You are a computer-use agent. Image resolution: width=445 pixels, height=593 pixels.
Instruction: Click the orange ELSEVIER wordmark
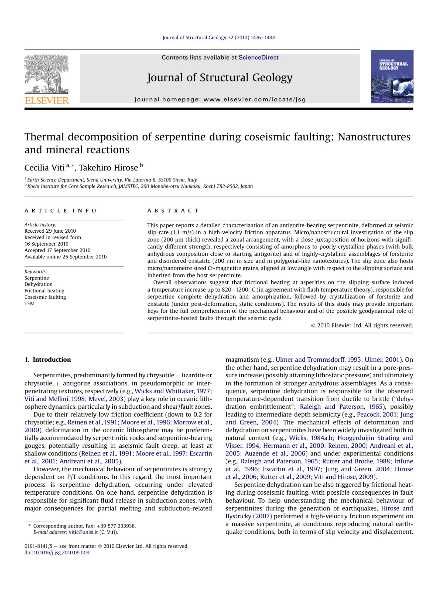(x=47, y=101)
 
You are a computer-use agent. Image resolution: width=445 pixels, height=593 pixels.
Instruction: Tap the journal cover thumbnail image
(x=392, y=77)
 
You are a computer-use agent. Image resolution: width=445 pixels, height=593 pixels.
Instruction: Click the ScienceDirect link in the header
(x=258, y=57)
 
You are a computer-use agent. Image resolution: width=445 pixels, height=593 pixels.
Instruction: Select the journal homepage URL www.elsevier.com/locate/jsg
(x=255, y=99)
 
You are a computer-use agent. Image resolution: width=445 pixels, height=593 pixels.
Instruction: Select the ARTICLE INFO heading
(x=60, y=211)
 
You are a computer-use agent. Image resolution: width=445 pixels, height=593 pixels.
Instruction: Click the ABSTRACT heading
(x=173, y=211)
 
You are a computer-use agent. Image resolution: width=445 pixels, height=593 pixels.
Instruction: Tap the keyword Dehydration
(x=39, y=284)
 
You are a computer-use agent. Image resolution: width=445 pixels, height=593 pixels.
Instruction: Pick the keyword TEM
(x=29, y=304)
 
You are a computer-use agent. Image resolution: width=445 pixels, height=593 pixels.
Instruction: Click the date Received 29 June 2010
(x=50, y=231)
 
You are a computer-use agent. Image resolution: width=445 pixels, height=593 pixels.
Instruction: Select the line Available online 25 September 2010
(x=66, y=257)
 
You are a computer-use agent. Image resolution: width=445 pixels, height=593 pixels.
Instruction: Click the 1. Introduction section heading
(x=48, y=360)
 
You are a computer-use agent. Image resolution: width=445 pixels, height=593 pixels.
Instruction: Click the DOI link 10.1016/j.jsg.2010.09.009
(x=61, y=553)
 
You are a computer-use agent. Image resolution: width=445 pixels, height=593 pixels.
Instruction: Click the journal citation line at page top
(x=218, y=38)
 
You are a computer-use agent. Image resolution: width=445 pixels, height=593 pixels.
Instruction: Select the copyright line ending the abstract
(x=362, y=325)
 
